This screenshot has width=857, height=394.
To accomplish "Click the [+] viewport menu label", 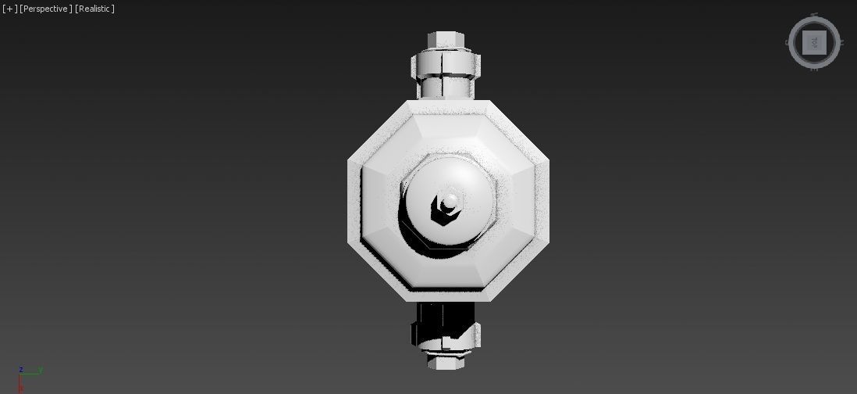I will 9,9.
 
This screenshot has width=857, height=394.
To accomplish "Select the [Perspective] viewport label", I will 46,9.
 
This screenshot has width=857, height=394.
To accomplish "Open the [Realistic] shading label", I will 94,9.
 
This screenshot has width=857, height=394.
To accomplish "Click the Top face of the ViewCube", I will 814,42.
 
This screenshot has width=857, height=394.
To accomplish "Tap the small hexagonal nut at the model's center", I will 447,206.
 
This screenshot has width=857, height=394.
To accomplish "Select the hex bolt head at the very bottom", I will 446,362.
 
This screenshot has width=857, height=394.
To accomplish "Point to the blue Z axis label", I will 21,370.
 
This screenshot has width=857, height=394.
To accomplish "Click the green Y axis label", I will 40,370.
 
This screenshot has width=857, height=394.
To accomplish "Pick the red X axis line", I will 21,384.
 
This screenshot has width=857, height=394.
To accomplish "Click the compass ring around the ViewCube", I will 794,42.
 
